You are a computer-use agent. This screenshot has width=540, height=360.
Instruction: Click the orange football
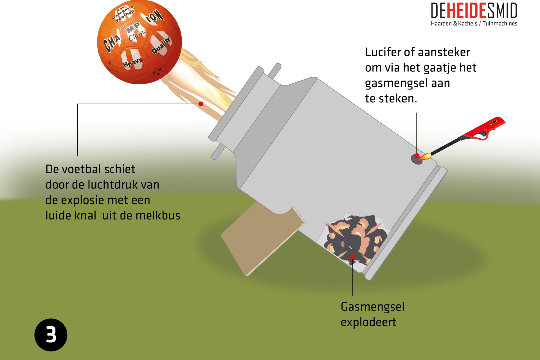pos(139,42)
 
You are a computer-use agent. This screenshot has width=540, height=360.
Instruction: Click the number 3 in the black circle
pos(51,335)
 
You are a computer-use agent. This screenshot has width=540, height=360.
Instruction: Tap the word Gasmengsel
pos(372,307)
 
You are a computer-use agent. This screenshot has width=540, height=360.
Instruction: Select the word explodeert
pos(368,322)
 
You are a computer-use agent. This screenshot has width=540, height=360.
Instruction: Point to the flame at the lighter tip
pos(425,156)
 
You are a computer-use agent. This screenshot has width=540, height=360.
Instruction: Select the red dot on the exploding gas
pos(352,256)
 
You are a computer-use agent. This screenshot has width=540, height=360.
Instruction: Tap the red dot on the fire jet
pos(201,104)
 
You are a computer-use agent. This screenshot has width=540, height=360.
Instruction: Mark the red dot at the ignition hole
pos(417,156)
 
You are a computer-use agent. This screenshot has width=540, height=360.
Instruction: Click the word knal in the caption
pos(85,216)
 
